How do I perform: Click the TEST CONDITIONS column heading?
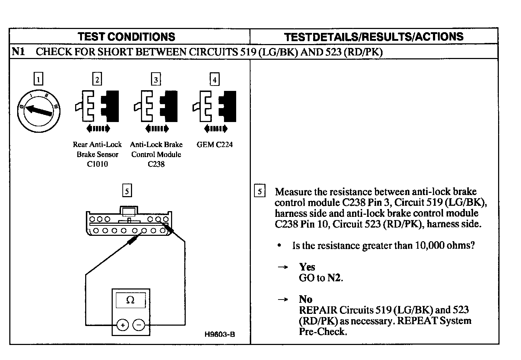click(126, 37)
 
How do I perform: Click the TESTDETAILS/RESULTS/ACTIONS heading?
click(374, 37)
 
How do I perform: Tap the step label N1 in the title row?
click(19, 52)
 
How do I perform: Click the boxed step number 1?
click(38, 79)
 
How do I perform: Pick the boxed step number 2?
click(97, 79)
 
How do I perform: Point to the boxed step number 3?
click(156, 79)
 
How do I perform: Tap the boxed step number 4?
click(214, 79)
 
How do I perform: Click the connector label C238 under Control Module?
click(156, 164)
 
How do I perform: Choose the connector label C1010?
click(97, 164)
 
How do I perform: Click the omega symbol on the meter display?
click(130, 300)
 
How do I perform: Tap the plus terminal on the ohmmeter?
click(122, 325)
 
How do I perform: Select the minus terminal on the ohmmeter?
click(139, 325)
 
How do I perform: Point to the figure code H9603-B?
click(220, 335)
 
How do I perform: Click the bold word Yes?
click(307, 267)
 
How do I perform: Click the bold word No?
click(306, 299)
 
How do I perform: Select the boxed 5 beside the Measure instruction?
click(260, 191)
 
